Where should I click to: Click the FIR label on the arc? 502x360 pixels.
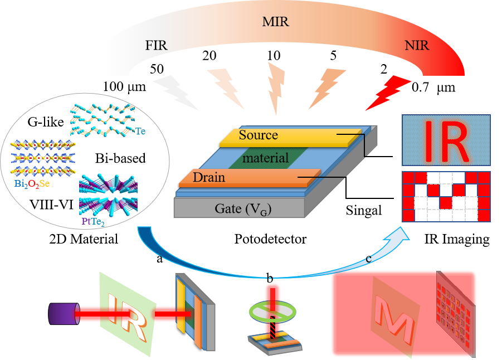pos(157,45)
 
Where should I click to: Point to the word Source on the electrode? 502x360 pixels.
pos(258,135)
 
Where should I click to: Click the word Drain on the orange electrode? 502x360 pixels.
pos(209,178)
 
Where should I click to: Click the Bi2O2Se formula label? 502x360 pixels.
pos(36,183)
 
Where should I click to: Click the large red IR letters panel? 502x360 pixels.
pos(446,140)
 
